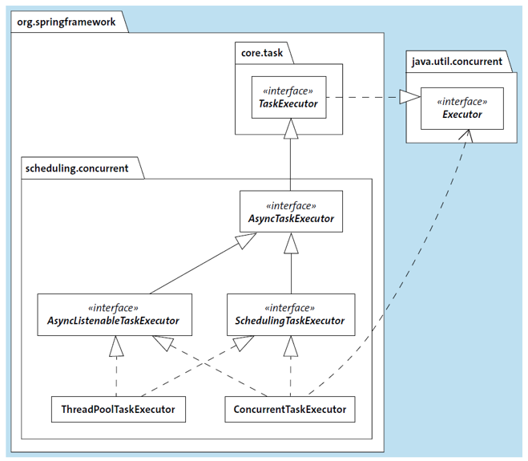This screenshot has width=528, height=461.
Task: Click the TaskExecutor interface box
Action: tap(288, 97)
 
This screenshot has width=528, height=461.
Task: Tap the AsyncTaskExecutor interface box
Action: tap(291, 211)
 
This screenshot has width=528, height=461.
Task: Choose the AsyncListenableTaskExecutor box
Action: tap(115, 314)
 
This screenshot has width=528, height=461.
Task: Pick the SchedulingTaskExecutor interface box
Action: tap(290, 314)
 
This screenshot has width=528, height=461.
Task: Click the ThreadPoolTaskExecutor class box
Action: tap(118, 409)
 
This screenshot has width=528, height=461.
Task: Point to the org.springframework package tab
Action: tap(66, 22)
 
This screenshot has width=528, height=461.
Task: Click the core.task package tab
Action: tap(263, 54)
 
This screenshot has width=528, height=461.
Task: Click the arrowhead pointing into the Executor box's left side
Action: tap(410, 98)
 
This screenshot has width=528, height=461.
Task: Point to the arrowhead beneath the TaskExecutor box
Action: tap(290, 128)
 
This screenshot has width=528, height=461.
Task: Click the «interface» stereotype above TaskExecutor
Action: tap(288, 90)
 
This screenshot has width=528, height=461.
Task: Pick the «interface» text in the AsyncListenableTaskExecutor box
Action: tap(115, 307)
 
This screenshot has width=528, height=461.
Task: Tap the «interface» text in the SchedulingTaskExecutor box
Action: tap(290, 307)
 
